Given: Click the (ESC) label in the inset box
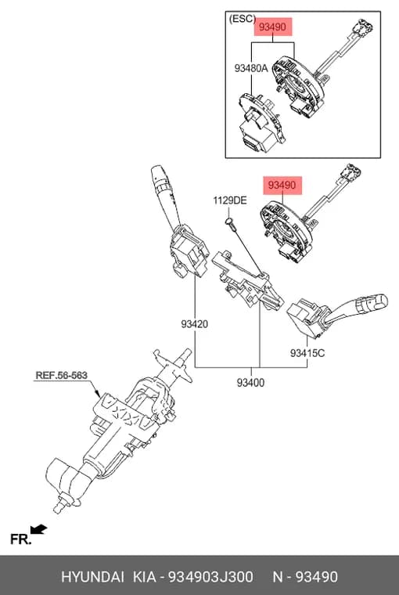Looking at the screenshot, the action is [x=243, y=19].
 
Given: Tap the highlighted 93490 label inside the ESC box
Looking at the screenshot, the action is [x=273, y=27].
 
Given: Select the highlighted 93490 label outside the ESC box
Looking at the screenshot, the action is [x=282, y=186].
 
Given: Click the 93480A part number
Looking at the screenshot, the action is [x=251, y=68].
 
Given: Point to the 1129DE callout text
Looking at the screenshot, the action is [x=230, y=200].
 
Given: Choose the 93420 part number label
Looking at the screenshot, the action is [x=195, y=324].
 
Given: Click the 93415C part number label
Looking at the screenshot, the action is [x=307, y=353].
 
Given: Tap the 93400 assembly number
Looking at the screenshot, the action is [x=250, y=383].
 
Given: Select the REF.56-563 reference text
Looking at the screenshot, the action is [x=62, y=375].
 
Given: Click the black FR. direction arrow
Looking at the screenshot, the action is [x=38, y=530].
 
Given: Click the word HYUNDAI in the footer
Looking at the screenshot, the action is [x=92, y=577].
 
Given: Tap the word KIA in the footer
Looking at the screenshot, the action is [x=144, y=577].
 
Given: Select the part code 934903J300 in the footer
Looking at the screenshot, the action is [x=210, y=577].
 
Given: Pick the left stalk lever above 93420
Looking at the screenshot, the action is [x=180, y=222].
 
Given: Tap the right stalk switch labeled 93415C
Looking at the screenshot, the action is [x=334, y=315].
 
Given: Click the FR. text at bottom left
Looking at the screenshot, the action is [x=20, y=539].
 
